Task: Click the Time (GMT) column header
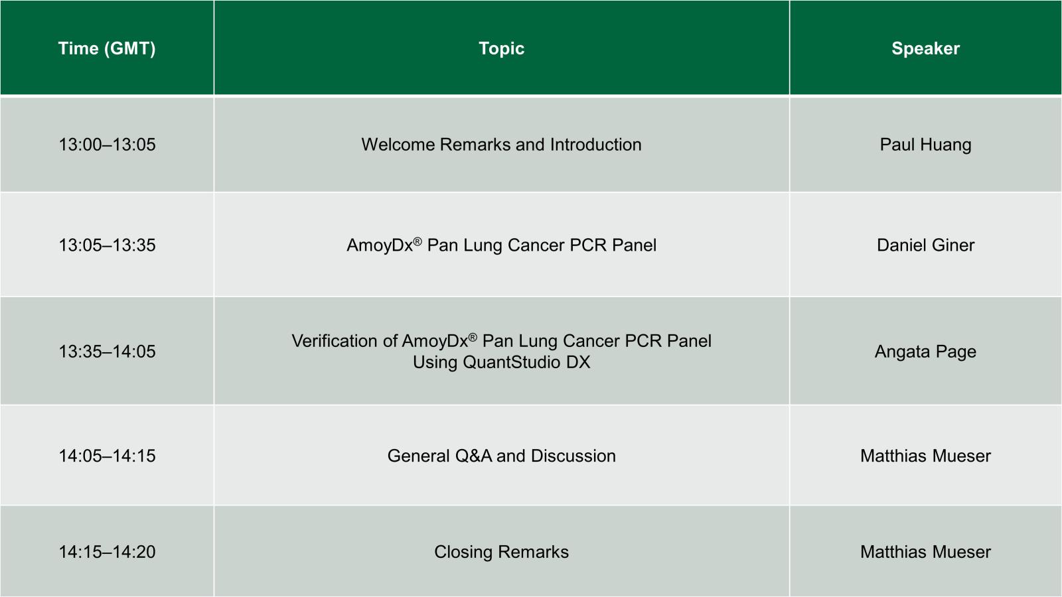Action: [107, 49]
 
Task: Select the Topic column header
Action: [502, 49]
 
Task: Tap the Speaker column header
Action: [925, 49]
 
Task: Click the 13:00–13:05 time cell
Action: [107, 145]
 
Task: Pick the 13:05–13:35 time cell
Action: [107, 245]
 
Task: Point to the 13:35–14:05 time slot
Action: [107, 352]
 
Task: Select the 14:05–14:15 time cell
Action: [107, 456]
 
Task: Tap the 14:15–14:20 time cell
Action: [107, 552]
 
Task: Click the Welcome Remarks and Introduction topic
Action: [502, 145]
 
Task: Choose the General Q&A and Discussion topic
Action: [502, 456]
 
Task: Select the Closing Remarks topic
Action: [502, 552]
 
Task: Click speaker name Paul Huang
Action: [925, 145]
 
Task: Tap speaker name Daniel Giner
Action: [925, 245]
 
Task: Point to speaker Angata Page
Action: [925, 352]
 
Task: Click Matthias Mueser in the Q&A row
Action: [925, 456]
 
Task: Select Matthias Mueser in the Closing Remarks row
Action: [925, 552]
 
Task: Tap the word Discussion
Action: [573, 456]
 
